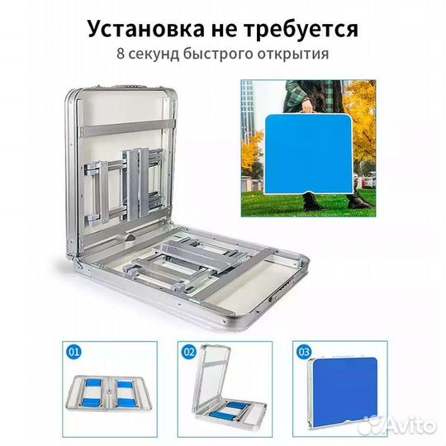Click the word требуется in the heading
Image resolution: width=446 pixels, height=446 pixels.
(x=302, y=30)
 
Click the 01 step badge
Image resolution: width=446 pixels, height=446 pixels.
(x=74, y=350)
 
